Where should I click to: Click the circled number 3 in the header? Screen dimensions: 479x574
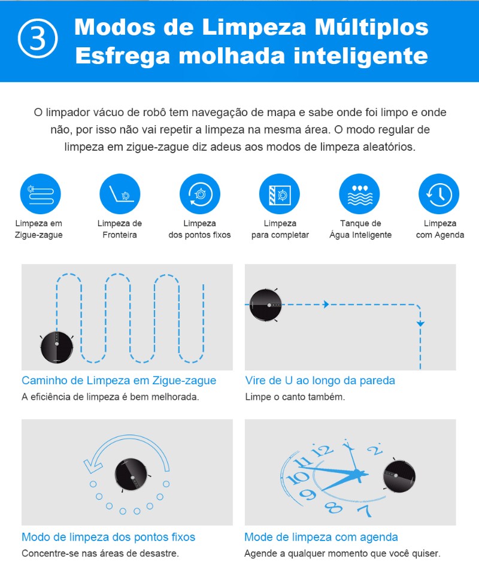pyautogui.click(x=38, y=38)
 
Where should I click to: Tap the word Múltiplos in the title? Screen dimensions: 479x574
pyautogui.click(x=371, y=27)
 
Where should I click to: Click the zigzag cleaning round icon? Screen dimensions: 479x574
pyautogui.click(x=40, y=194)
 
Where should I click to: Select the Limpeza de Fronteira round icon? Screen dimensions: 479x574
pyautogui.click(x=120, y=194)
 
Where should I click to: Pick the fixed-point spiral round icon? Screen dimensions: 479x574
pyautogui.click(x=199, y=194)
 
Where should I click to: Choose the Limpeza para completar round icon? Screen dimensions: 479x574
pyautogui.click(x=280, y=194)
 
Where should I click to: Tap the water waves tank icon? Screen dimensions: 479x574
pyautogui.click(x=359, y=194)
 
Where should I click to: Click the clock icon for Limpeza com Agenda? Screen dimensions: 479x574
pyautogui.click(x=439, y=194)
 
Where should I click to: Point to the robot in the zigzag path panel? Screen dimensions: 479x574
pyautogui.click(x=57, y=347)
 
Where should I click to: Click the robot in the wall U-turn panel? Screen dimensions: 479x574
pyautogui.click(x=265, y=305)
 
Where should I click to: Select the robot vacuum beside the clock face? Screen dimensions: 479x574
pyautogui.click(x=399, y=476)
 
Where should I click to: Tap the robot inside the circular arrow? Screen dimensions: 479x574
pyautogui.click(x=131, y=475)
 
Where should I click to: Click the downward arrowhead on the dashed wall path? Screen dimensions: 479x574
pyautogui.click(x=420, y=324)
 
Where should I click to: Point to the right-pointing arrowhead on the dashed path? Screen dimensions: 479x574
pyautogui.click(x=326, y=304)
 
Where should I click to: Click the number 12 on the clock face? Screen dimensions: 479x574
pyautogui.click(x=322, y=450)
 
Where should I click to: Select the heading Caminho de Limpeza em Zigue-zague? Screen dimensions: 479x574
pyautogui.click(x=119, y=381)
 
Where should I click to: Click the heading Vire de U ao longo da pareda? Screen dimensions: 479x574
pyautogui.click(x=320, y=381)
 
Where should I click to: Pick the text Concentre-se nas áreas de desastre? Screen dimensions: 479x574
pyautogui.click(x=100, y=553)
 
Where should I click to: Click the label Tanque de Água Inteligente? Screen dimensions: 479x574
pyautogui.click(x=360, y=229)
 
